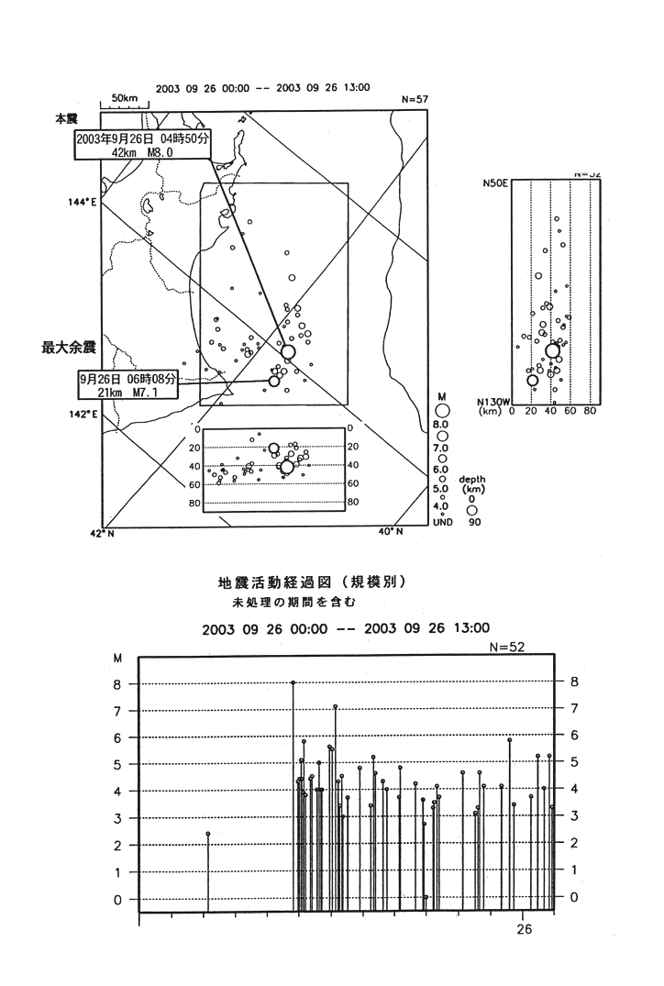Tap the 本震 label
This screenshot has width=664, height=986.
66,118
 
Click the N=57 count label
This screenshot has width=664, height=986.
416,99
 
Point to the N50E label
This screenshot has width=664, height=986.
495,183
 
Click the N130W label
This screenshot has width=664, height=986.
494,401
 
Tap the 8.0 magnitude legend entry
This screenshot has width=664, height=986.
441,426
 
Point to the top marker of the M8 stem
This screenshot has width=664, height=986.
293,682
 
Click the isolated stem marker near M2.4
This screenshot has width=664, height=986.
208,834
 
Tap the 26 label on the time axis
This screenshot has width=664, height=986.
524,928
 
